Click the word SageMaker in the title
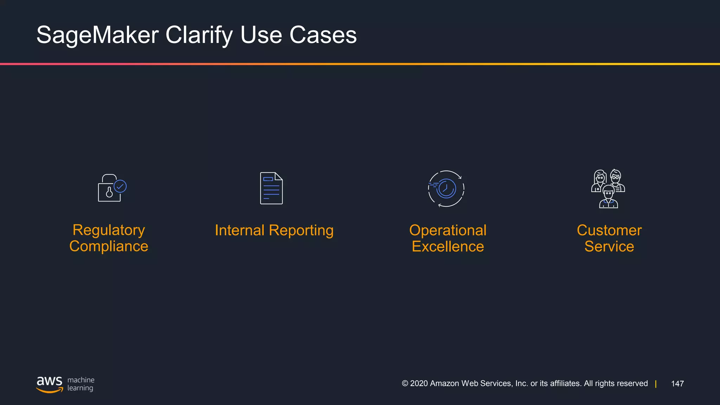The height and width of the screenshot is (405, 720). pyautogui.click(x=98, y=35)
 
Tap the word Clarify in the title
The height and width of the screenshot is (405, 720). pyautogui.click(x=199, y=35)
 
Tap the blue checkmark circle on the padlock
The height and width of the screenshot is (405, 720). pyautogui.click(x=120, y=186)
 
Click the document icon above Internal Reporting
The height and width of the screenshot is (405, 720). pyautogui.click(x=271, y=188)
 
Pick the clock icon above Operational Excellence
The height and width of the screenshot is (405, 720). pyautogui.click(x=446, y=188)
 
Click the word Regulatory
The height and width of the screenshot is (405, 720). pyautogui.click(x=109, y=230)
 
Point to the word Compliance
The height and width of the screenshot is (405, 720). pyautogui.click(x=109, y=246)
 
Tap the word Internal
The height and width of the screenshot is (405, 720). pyautogui.click(x=239, y=231)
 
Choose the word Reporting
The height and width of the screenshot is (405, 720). pyautogui.click(x=301, y=231)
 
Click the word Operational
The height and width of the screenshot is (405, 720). pyautogui.click(x=448, y=231)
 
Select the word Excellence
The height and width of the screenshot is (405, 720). pyautogui.click(x=448, y=246)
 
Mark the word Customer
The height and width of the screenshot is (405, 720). pyautogui.click(x=609, y=231)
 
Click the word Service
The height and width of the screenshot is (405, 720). pyautogui.click(x=609, y=246)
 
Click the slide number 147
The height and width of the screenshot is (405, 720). pyautogui.click(x=677, y=384)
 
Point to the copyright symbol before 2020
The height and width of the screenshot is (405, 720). pyautogui.click(x=405, y=384)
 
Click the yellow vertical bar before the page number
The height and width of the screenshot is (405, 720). pyautogui.click(x=656, y=384)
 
